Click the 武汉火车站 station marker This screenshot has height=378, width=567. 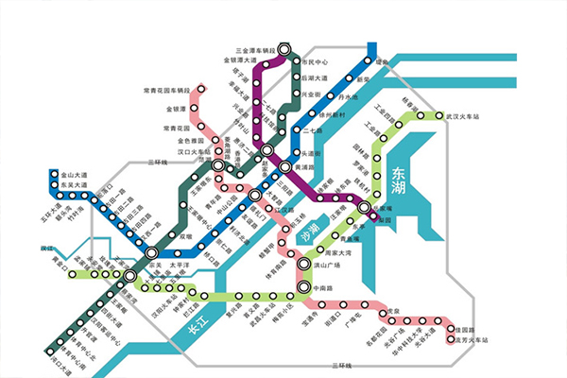click(439, 116)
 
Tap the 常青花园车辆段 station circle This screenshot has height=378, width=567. click(197, 92)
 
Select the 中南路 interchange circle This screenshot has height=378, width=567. click(302, 286)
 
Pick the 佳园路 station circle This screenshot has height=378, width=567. click(450, 323)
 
